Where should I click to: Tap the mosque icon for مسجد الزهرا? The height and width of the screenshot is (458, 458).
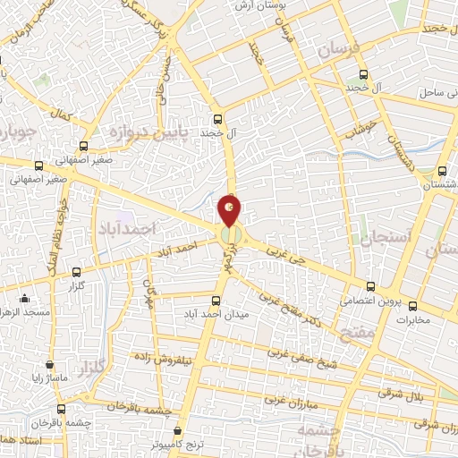coord(24,299)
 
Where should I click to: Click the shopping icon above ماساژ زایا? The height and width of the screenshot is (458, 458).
coord(48,365)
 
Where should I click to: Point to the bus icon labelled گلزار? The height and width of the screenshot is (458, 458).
coord(76,271)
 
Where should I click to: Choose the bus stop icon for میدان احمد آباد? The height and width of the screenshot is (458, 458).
coord(215,301)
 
